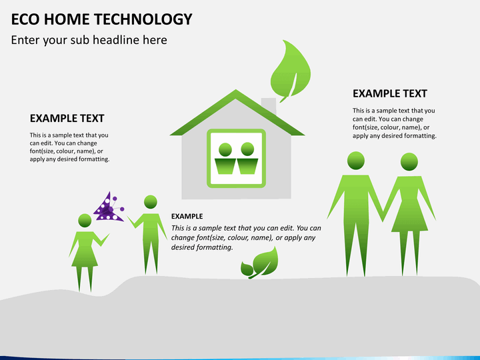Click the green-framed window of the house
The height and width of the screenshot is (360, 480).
(x=236, y=157)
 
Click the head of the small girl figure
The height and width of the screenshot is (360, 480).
(x=85, y=221)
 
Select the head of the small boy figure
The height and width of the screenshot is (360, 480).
(x=151, y=201)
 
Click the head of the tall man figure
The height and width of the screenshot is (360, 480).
(x=356, y=161)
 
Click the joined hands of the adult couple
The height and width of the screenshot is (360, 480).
(x=383, y=215)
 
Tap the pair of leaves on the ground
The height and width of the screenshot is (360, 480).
(x=259, y=263)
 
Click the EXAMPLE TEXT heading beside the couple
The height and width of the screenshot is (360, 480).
(x=389, y=93)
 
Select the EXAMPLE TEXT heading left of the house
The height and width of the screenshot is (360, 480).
(x=67, y=118)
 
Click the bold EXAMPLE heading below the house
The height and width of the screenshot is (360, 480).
(x=187, y=216)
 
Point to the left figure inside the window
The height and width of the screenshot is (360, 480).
(x=225, y=159)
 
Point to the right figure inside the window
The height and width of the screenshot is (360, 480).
(x=247, y=159)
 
